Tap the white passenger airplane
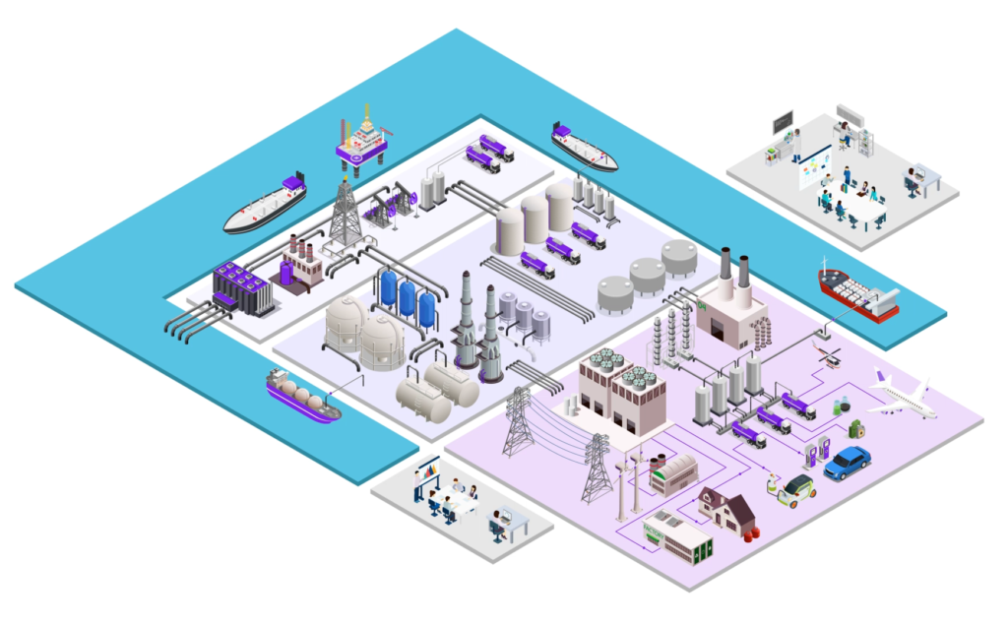902,397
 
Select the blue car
848,462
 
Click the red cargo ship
856,291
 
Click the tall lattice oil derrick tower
344,214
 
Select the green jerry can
856,429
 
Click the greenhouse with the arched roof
674,475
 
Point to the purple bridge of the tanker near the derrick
292,184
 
